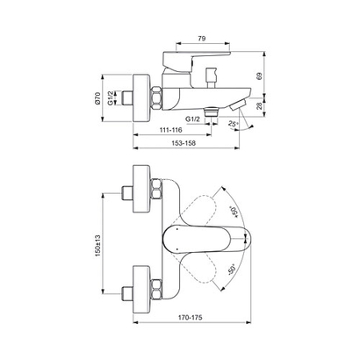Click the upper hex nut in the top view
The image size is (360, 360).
[155, 191]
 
